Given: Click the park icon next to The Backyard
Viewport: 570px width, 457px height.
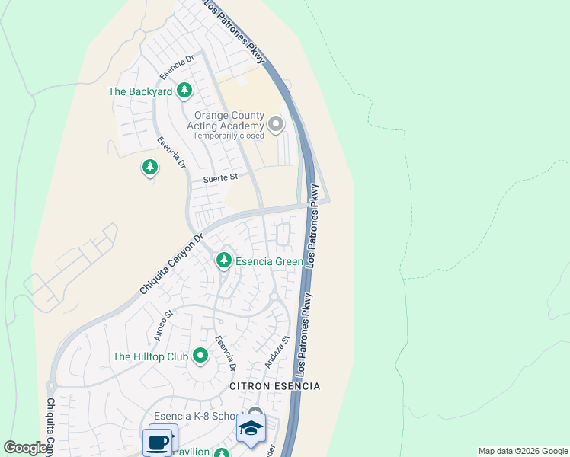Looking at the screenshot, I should pos(184,91).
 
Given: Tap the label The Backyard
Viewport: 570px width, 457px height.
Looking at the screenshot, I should pos(140,91).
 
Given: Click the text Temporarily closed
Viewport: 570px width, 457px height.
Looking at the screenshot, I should pos(228,136).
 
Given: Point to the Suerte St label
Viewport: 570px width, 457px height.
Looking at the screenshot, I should pos(220,177).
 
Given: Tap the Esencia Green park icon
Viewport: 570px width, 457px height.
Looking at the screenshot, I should pos(223,261).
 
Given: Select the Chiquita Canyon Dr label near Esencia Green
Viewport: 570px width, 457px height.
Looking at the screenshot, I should pos(172,264).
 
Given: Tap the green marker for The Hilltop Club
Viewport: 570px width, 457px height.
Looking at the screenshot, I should pos(200,356).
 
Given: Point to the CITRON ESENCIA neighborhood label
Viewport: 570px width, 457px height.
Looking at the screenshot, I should pos(275,386).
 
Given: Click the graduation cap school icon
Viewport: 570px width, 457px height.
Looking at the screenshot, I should pos(250,428).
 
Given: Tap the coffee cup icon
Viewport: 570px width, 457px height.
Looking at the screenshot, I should pos(159,441).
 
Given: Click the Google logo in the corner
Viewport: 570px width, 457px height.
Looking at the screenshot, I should pos(25,448).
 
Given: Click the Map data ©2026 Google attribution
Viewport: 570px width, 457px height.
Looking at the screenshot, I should pos(523,451).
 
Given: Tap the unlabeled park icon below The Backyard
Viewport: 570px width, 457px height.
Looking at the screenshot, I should pos(150,167).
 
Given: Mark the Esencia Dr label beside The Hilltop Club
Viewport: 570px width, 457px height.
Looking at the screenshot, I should pos(225,353).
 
